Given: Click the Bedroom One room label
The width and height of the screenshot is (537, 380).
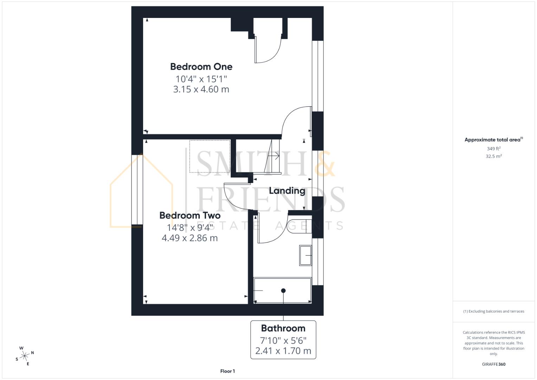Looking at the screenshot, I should point(201,66).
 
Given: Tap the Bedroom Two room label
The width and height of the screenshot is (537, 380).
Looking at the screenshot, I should point(190,215).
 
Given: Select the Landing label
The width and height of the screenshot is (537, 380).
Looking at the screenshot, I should point(287,191).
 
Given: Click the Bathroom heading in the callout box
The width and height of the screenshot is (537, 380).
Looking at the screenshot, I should point(283,328).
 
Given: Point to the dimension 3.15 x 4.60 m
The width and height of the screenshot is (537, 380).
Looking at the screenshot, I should point(201,89).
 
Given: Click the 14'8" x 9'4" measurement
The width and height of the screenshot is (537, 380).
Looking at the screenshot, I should point(190,228).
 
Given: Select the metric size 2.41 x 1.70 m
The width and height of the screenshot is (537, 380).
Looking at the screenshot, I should point(283,351).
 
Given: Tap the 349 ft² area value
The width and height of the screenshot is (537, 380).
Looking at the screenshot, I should point(493,149).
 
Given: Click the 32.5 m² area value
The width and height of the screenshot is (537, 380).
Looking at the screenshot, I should point(493,156).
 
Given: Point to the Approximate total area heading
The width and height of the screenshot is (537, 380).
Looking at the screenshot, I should point(493,140).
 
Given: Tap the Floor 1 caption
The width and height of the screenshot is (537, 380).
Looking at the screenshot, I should point(228,371).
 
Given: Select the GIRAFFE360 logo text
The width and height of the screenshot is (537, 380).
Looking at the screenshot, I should point(493,364).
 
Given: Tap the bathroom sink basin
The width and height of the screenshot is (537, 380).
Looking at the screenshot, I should point(305,255).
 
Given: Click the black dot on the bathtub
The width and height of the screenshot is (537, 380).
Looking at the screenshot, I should point(283,291).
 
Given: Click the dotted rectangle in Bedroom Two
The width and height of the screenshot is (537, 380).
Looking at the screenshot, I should point(210,156).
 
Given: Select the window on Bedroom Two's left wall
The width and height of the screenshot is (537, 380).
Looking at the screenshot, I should point(137,189).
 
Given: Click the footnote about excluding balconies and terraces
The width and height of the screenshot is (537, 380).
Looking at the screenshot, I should point(493,311).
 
